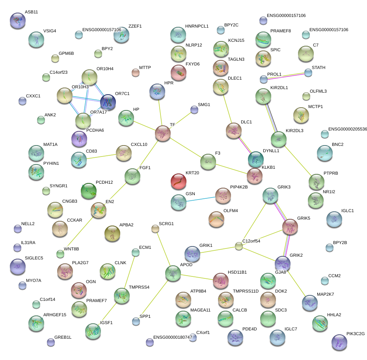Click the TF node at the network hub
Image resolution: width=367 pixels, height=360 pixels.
pyautogui.click(x=163, y=133)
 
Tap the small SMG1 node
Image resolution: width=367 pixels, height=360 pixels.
pyautogui.click(x=194, y=110)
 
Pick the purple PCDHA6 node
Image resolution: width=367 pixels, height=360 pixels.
pyautogui.click(x=79, y=138)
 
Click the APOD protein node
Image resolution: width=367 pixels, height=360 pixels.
pyautogui.click(x=173, y=273)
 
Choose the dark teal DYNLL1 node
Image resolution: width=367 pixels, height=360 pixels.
pyautogui.click(x=255, y=159)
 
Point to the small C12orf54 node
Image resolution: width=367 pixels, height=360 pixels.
pyautogui.click(x=238, y=246)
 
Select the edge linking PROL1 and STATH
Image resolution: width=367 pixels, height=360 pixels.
pyautogui.click(x=286, y=76)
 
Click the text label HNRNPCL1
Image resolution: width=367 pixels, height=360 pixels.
pyautogui.click(x=197, y=26)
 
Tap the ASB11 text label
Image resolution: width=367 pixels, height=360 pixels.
pyautogui.click(x=31, y=12)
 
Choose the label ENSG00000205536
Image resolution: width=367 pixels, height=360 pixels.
pyautogui.click(x=347, y=129)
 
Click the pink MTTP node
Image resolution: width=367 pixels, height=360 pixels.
pyautogui.click(x=135, y=72)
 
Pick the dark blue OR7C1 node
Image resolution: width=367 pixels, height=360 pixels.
pyautogui.click(x=108, y=102)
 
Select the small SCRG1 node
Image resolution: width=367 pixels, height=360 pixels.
pyautogui.click(x=155, y=229)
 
